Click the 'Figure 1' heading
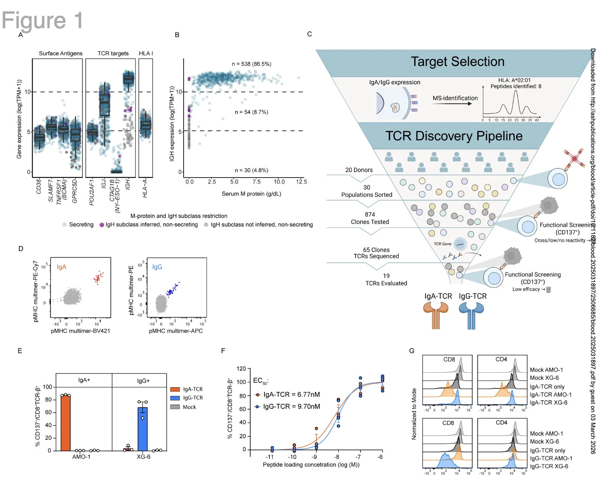pyautogui.click(x=42, y=20)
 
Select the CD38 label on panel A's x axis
pyautogui.click(x=39, y=187)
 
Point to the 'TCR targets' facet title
pyautogui.click(x=113, y=53)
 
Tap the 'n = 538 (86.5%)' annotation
pyautogui.click(x=251, y=64)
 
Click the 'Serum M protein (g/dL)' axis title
pyautogui.click(x=251, y=194)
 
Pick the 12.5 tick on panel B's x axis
pyautogui.click(x=301, y=182)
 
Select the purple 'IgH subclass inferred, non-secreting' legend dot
pyautogui.click(x=102, y=225)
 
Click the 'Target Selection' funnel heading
pyautogui.click(x=458, y=62)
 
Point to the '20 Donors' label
pyautogui.click(x=359, y=170)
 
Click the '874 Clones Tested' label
pyautogui.click(x=370, y=218)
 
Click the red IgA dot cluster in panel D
pyautogui.click(x=98, y=278)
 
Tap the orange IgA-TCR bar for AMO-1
pyautogui.click(x=65, y=423)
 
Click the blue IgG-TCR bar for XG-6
pyautogui.click(x=143, y=429)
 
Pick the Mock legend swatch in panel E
pyautogui.click(x=175, y=407)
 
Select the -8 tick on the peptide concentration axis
pyautogui.click(x=337, y=457)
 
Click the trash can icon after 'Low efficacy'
pyautogui.click(x=549, y=289)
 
